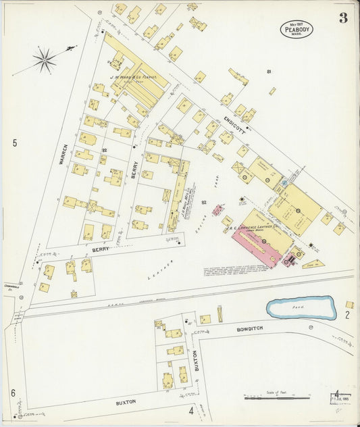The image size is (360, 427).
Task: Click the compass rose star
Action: (x=45, y=60)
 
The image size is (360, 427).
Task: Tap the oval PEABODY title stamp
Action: (x=297, y=28)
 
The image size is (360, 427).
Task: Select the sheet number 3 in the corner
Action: (x=343, y=18)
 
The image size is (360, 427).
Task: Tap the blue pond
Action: (x=301, y=308)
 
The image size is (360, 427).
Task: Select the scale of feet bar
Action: (x=276, y=398)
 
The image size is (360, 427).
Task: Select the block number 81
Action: (x=269, y=72)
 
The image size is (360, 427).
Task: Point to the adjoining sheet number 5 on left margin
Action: (x=14, y=143)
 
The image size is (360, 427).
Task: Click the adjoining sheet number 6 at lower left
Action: (x=12, y=393)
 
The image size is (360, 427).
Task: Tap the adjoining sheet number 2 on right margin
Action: (x=347, y=314)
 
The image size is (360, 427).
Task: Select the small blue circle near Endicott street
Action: (x=284, y=183)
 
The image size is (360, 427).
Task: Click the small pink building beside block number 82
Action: (x=218, y=210)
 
